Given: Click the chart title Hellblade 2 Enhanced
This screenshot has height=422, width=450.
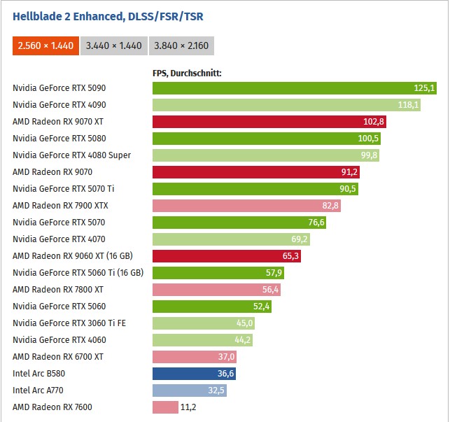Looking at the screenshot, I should pyautogui.click(x=108, y=16).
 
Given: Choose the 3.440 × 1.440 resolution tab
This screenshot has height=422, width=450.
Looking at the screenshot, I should pyautogui.click(x=113, y=45).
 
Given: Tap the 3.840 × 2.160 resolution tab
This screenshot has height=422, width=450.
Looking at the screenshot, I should pyautogui.click(x=181, y=45).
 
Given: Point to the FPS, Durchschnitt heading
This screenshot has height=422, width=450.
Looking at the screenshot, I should pyautogui.click(x=187, y=72).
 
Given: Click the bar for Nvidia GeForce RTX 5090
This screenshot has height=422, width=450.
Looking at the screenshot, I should pyautogui.click(x=294, y=88).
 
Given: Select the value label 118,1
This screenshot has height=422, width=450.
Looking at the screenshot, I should pyautogui.click(x=408, y=105).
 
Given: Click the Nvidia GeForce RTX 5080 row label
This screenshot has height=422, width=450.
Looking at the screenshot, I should pyautogui.click(x=59, y=139).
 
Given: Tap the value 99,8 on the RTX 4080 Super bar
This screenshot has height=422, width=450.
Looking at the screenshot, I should pyautogui.click(x=367, y=155).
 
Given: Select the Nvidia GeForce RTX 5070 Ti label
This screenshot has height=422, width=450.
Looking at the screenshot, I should pyautogui.click(x=63, y=189).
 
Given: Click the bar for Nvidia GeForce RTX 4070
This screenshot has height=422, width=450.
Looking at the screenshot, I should pyautogui.click(x=231, y=239).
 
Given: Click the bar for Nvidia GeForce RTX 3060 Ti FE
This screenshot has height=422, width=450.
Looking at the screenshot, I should pyautogui.click(x=203, y=323).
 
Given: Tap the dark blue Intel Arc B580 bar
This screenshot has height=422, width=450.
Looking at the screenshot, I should pyautogui.click(x=194, y=374).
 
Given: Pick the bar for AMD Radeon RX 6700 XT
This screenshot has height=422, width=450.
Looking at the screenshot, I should pyautogui.click(x=195, y=357).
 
